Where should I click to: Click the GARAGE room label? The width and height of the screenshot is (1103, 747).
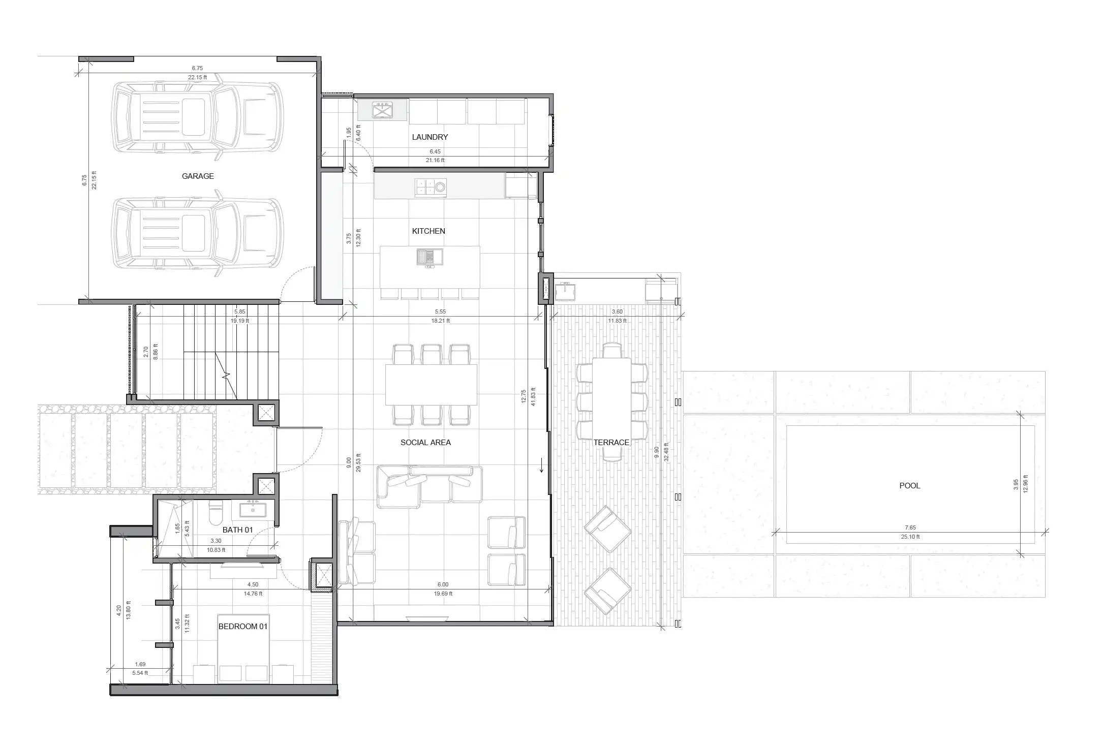click(198, 176)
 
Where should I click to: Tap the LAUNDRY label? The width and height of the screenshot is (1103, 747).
click(430, 137)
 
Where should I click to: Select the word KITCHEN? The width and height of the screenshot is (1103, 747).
click(428, 231)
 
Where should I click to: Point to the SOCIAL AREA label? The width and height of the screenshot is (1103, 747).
click(425, 443)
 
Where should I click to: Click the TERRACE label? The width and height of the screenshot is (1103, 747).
click(611, 443)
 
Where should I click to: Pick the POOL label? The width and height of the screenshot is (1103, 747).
click(910, 486)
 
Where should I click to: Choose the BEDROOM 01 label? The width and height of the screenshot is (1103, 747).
click(243, 627)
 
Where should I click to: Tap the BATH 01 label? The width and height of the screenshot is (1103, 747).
click(237, 530)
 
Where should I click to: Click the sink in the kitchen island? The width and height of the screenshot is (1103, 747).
click(430, 257)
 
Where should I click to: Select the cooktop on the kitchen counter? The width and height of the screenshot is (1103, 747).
click(431, 188)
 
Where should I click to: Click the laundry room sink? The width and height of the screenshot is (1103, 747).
click(382, 110)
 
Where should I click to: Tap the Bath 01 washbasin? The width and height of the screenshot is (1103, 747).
click(252, 509)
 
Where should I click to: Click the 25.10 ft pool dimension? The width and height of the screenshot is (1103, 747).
click(910, 537)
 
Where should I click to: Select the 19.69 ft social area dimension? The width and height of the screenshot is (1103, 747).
click(443, 594)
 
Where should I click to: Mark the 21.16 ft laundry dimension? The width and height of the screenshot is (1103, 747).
click(435, 161)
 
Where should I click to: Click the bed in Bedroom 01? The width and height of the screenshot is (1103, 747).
click(243, 660)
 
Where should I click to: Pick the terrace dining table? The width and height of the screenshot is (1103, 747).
click(612, 401)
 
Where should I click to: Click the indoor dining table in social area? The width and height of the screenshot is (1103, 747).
click(431, 385)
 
